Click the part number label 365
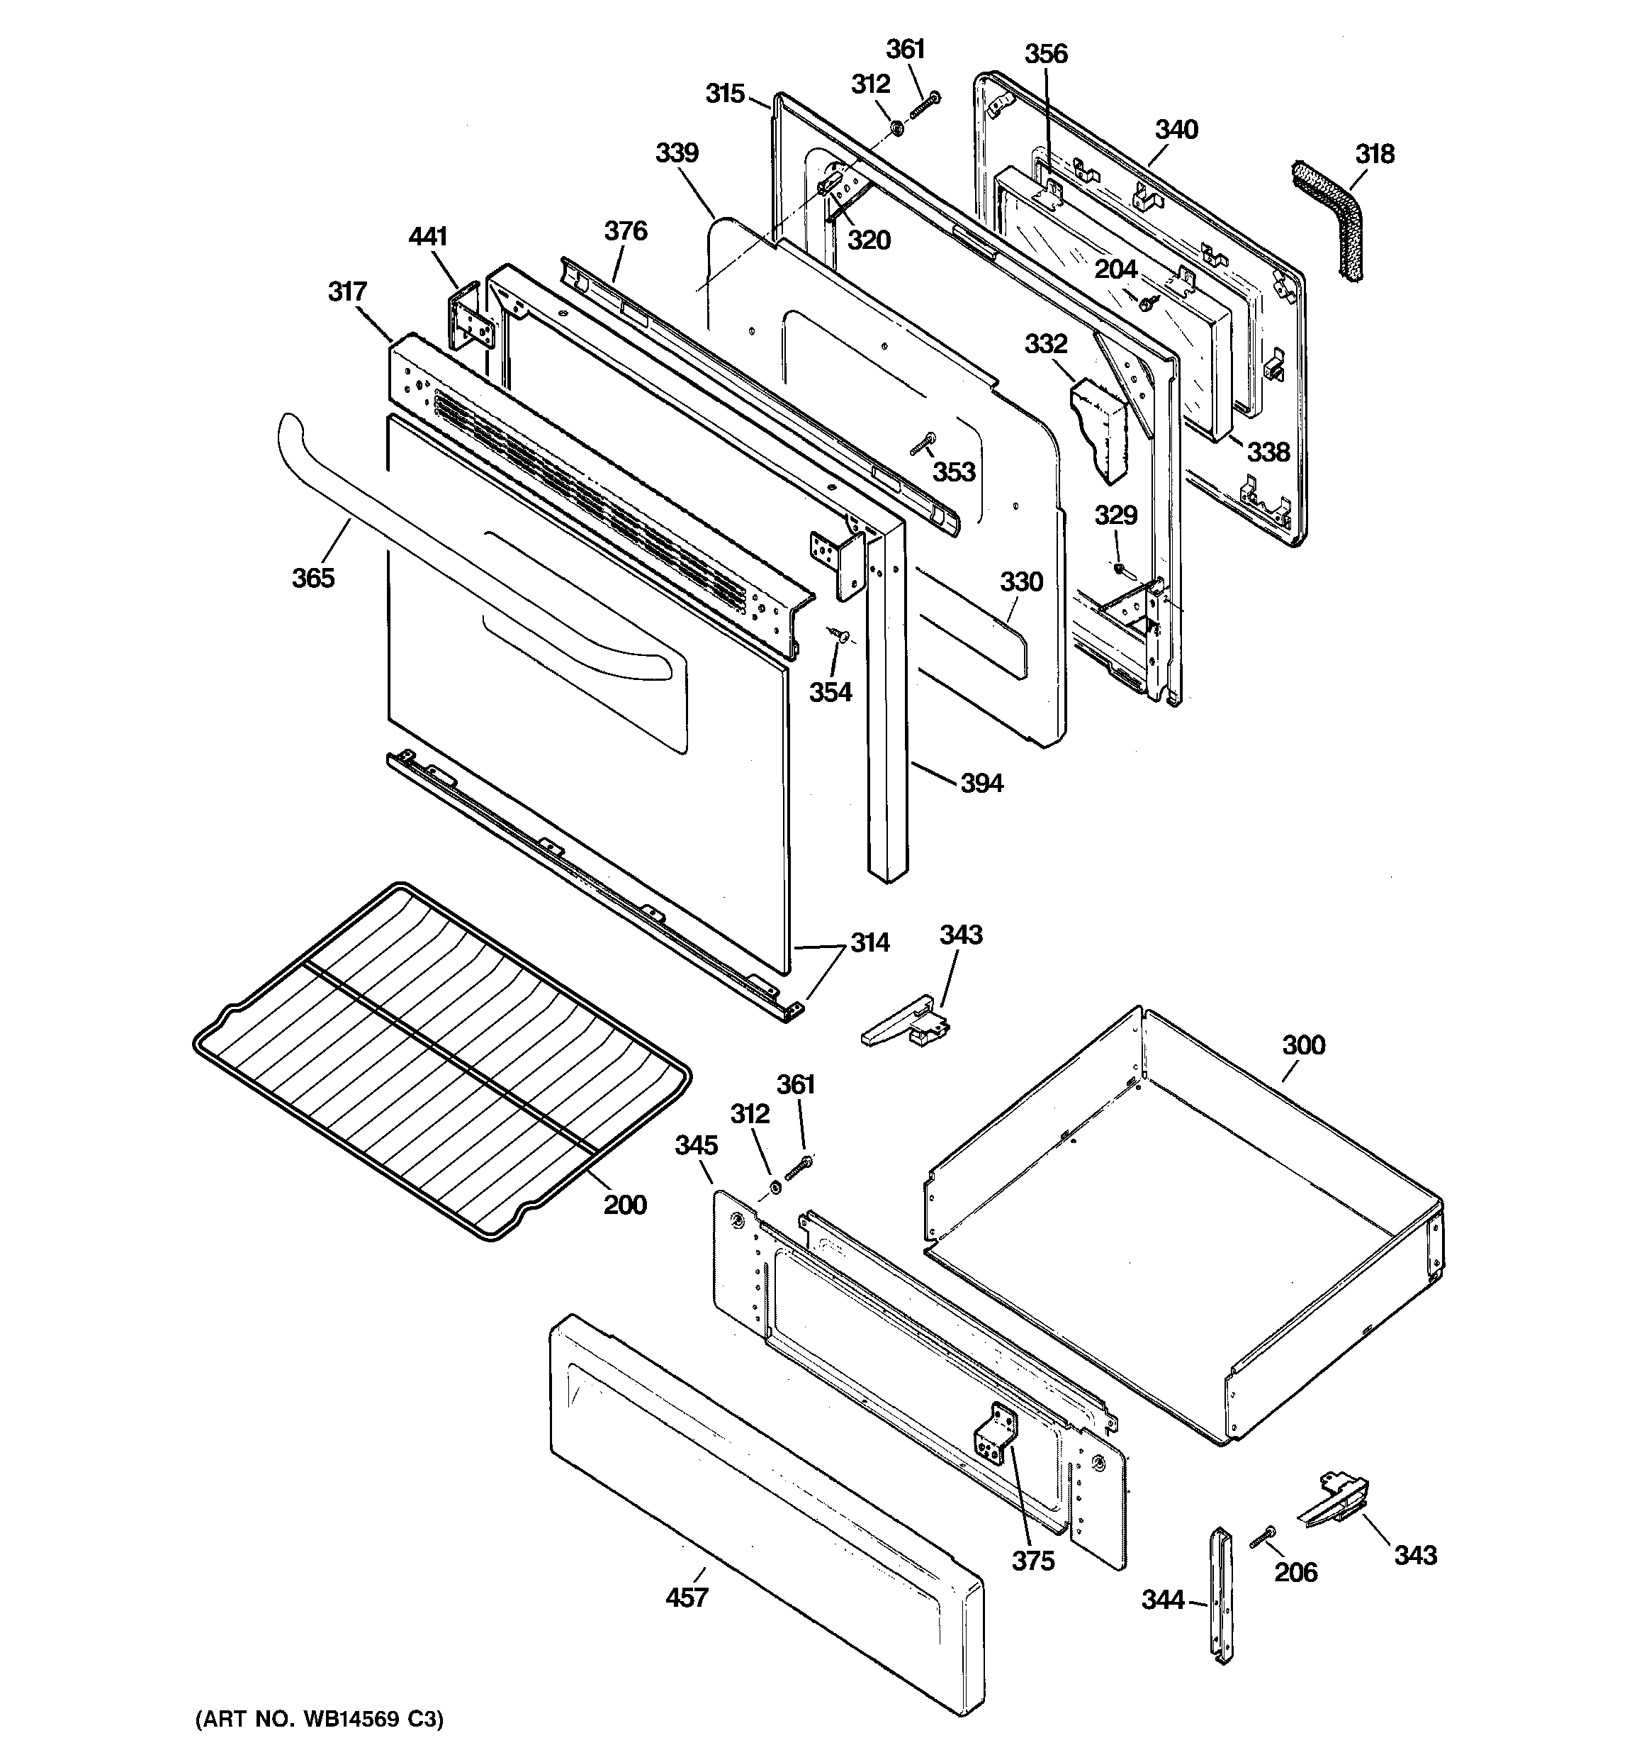point(313,578)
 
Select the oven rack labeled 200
point(441,1059)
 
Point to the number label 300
point(1303,1045)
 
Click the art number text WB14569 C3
point(319,1720)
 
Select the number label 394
point(981,783)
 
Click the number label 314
point(869,943)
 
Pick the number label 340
point(1176,130)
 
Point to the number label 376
point(626,231)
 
